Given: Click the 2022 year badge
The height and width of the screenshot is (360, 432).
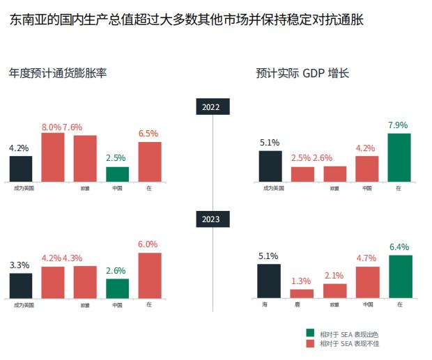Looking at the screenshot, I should [213, 107].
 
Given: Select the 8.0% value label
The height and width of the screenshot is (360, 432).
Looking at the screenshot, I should [51, 127].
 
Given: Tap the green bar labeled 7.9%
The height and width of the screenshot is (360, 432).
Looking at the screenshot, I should [399, 157].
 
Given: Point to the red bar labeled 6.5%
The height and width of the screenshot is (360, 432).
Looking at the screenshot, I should [149, 162].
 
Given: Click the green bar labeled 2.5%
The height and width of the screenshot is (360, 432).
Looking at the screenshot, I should [117, 174].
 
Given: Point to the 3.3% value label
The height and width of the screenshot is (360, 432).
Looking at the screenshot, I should [19, 265].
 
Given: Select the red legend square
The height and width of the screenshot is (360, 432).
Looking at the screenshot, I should [310, 343].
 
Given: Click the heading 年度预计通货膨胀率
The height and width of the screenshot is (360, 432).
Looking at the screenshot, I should [57, 72].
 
